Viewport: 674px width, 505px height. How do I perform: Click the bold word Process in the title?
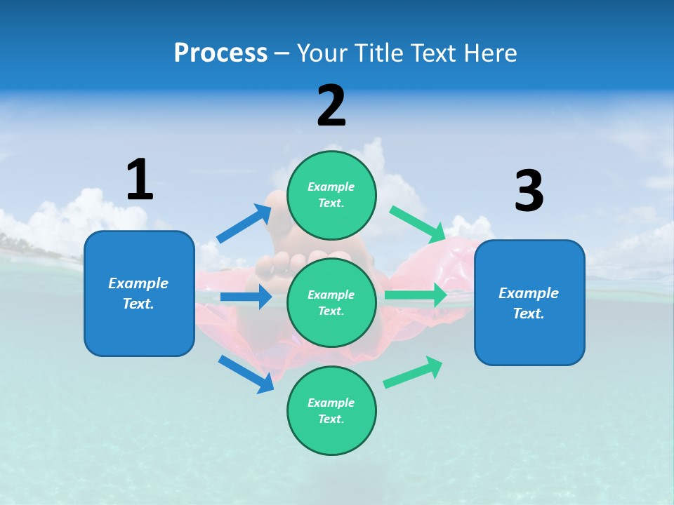pos(220,53)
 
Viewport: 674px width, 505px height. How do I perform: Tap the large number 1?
pos(140,180)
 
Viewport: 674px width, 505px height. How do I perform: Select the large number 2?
pos(331,106)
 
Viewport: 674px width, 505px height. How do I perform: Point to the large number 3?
pos(529,191)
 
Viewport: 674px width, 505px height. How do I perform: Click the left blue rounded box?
pos(139,293)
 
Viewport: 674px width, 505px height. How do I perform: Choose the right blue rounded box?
pos(529,302)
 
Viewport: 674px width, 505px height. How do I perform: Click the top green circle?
pos(331,195)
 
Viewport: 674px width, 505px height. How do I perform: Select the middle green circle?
pos(331,302)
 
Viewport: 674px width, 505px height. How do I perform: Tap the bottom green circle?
pos(331,410)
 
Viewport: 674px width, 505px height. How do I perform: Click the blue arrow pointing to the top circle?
pos(244,224)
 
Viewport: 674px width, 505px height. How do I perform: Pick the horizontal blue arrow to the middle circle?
pos(246,297)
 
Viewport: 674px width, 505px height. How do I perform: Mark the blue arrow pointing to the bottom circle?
pos(246,374)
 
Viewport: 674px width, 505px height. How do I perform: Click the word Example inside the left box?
pos(138,283)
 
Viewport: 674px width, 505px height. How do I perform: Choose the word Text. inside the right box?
pos(529,314)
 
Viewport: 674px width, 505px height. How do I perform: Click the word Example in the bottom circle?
pos(331,403)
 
